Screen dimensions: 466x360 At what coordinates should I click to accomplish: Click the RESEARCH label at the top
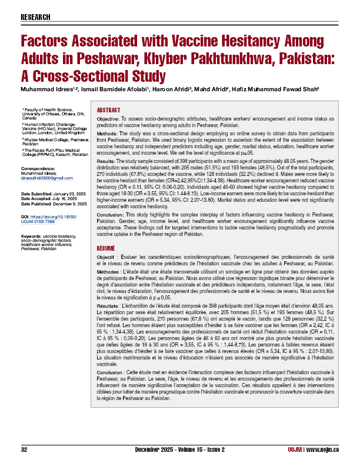tap(35, 17)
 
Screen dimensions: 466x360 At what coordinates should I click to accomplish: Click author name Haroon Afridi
tap(179, 89)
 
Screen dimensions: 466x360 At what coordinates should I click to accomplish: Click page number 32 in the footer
tap(24, 450)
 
